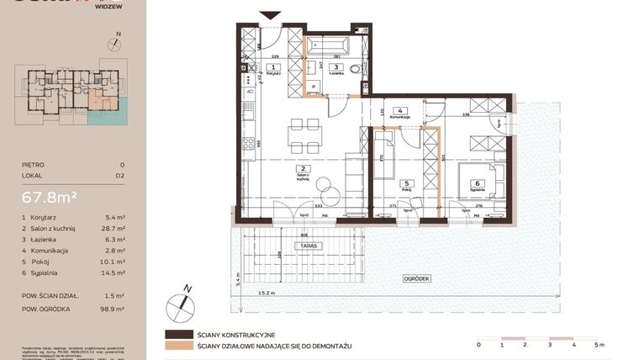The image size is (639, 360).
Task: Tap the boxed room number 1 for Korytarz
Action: click(272, 66)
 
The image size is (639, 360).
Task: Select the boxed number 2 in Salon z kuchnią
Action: click(300, 168)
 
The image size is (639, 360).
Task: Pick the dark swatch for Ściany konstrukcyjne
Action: click(177, 334)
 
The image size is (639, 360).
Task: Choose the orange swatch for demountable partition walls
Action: click(177, 347)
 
